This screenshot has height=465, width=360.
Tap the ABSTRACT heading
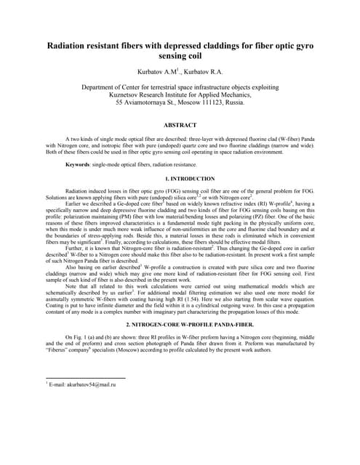(180, 125)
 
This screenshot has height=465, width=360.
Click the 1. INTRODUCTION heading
(180, 179)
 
